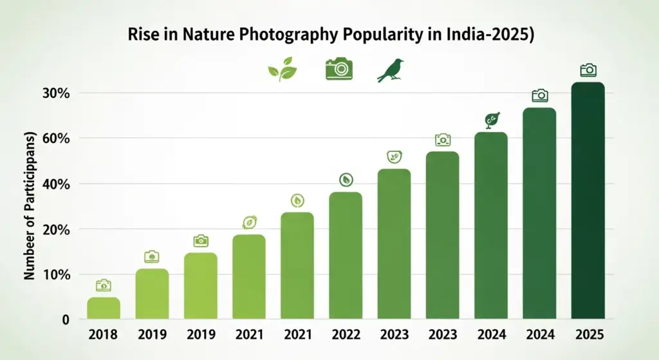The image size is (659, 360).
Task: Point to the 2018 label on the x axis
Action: pos(103,335)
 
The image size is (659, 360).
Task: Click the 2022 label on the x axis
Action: pos(346,335)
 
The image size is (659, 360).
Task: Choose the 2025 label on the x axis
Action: pos(588,335)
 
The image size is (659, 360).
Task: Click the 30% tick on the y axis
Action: pos(55,93)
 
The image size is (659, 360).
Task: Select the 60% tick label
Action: pos(55,138)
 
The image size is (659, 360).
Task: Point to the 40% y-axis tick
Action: pos(55,184)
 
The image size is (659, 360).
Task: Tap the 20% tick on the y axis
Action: pos(55,230)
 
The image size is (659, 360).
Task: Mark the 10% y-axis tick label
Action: pos(55,275)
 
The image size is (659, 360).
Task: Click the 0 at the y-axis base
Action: pos(65,320)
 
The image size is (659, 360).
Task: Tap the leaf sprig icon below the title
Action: pos(282,69)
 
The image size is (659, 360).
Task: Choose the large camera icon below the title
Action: pos(339,68)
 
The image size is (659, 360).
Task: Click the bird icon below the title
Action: pos(392,70)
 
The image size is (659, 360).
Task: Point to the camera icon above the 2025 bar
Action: pos(588,70)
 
